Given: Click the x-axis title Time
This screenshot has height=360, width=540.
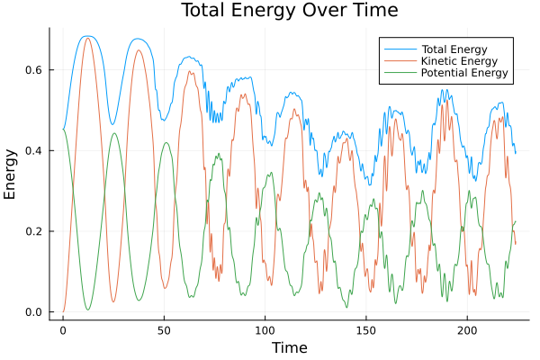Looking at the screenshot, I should pos(289,347).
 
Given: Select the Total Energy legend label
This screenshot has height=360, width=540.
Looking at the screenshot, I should pos(454,48).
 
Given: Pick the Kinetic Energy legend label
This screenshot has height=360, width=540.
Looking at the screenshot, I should pos(457,60).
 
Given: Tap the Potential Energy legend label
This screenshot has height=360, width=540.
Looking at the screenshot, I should pos(463,73).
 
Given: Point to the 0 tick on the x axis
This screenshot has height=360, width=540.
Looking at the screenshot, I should pos(63,330).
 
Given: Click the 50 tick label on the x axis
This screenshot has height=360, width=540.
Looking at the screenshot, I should pos(164,330).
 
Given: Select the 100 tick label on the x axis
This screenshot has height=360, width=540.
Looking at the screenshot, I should pos(265,330).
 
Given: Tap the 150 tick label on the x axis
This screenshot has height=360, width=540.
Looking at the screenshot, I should pos(366,330).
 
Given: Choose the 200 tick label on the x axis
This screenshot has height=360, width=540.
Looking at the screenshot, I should pos(467,330).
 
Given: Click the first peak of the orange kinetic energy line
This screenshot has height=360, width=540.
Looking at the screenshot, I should pos(87,38).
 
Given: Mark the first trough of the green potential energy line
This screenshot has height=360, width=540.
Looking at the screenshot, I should pos(88,310).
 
